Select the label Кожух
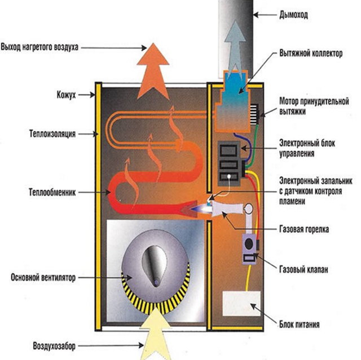[66, 95]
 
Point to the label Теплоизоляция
[53, 134]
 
